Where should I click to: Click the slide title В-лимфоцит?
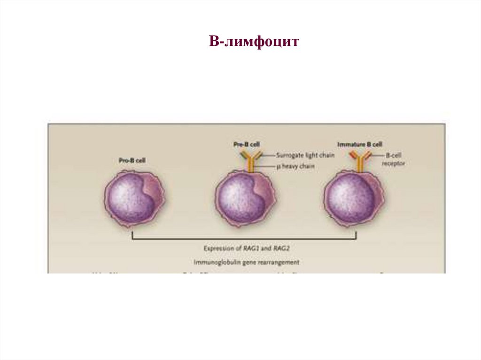point(254,42)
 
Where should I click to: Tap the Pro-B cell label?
point(132,161)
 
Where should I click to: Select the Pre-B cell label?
point(246,145)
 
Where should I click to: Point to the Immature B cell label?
point(360,145)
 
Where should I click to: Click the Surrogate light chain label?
point(305,155)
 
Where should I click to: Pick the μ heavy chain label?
point(296,166)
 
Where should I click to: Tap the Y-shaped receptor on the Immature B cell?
point(360,161)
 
